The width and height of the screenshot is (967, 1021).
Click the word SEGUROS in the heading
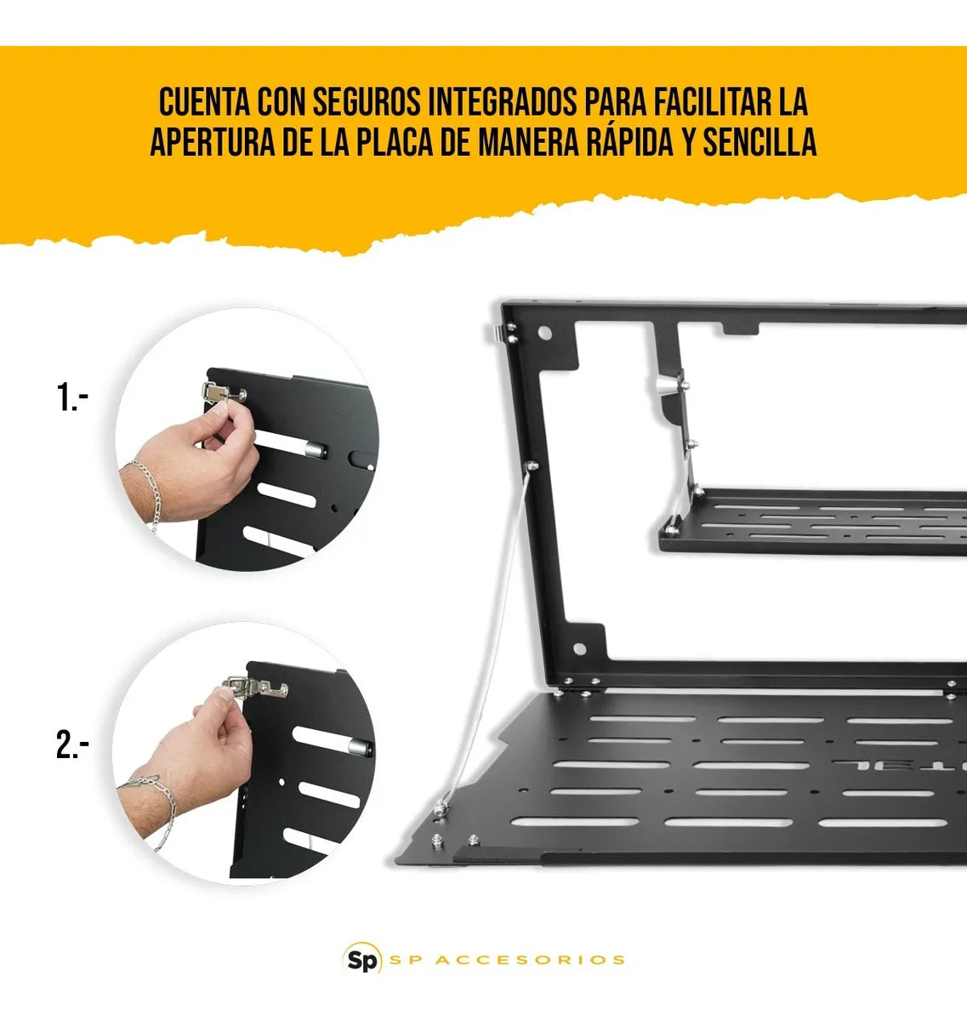tap(366, 103)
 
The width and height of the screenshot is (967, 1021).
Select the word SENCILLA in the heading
tap(759, 143)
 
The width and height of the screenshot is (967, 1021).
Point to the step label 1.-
tap(73, 397)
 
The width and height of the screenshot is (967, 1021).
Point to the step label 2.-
tap(73, 746)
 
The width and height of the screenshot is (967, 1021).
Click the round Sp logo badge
tap(361, 960)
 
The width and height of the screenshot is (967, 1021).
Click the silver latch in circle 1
tap(219, 393)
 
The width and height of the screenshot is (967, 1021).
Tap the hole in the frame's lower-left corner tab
tap(580, 649)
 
